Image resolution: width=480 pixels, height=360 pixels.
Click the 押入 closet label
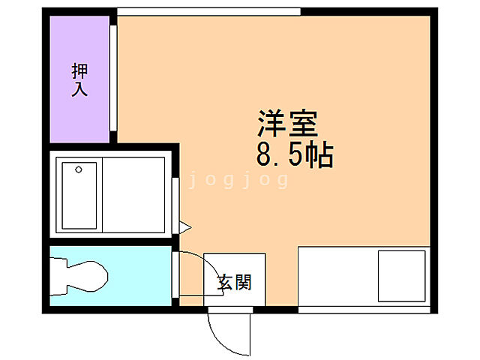click(x=79, y=80)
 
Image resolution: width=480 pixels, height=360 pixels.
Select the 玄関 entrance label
click(x=234, y=283)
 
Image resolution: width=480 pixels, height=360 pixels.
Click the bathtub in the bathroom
click(x=79, y=195)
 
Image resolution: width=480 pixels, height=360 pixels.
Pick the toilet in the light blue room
click(x=79, y=276)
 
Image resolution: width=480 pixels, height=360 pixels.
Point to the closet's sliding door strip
click(x=112, y=79)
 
